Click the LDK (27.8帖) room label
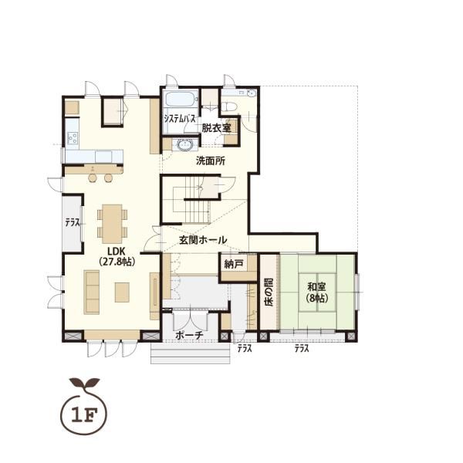117,257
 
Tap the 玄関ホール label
203,240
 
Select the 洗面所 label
211,161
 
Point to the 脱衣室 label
216,128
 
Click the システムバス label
180,119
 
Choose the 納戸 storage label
234,264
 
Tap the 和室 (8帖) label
317,292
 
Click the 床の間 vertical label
269,292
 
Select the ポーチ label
189,335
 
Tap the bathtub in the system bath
181,100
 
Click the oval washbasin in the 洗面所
185,145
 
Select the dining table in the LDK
112,224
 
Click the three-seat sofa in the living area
92,292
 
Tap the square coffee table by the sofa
122,292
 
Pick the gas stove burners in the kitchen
73,137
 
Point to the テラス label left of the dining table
73,223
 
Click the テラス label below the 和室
301,349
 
